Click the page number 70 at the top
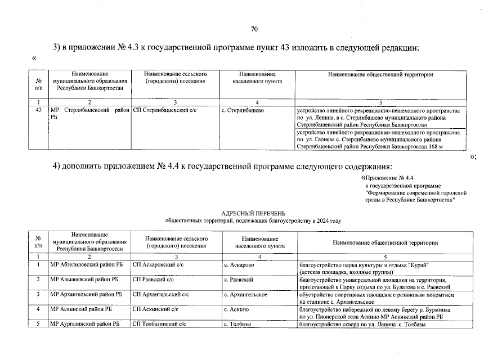click(254, 29)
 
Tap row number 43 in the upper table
click(38, 110)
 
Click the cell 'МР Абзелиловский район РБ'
click(86, 264)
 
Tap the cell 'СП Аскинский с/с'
click(156, 308)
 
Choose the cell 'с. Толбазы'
click(237, 323)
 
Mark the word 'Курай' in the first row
click(418, 264)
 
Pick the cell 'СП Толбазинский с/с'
click(159, 323)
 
